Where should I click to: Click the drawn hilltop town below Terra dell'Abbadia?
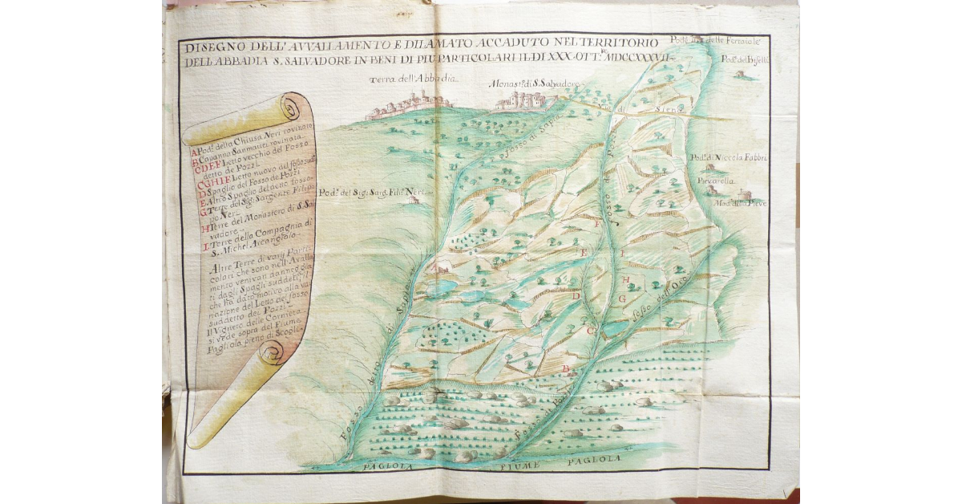click(408, 104)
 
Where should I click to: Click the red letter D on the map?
click(576, 295)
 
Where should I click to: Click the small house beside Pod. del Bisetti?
click(740, 75)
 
